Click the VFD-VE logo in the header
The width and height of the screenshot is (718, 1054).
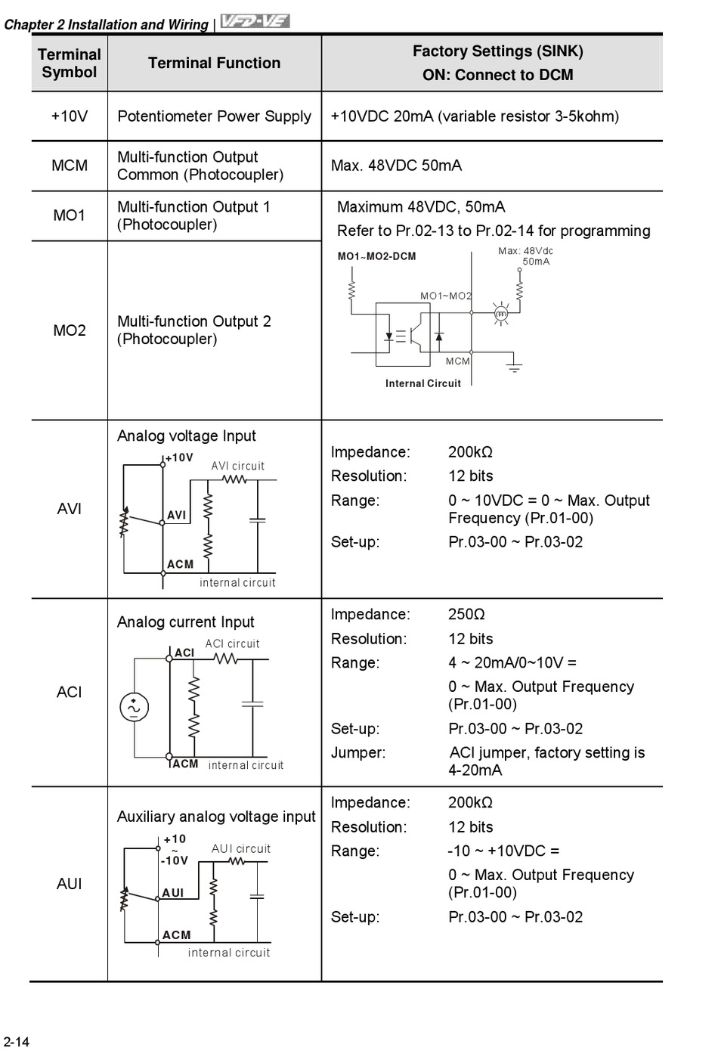(x=255, y=22)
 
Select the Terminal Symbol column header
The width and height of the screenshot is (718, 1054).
(x=69, y=64)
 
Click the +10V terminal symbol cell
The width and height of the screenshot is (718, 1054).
(x=69, y=116)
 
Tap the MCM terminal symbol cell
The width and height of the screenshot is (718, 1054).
(x=69, y=166)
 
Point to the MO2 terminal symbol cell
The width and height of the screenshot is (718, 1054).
(x=69, y=330)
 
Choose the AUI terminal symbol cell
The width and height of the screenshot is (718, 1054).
(x=69, y=884)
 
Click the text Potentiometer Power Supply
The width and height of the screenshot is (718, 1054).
(x=214, y=116)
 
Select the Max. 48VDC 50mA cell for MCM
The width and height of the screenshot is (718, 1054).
(x=396, y=166)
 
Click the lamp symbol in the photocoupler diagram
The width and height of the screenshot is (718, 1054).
(x=500, y=312)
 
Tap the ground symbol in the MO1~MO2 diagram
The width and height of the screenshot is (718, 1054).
(x=514, y=368)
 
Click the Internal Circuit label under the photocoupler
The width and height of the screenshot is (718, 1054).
(x=422, y=383)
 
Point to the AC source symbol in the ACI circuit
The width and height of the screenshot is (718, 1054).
(x=134, y=707)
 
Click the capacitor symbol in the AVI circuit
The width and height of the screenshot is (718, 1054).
(x=258, y=520)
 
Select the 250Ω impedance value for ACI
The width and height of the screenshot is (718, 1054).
(x=466, y=615)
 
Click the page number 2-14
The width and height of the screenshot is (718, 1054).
(x=17, y=1042)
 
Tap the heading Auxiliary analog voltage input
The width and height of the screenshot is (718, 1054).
(x=216, y=817)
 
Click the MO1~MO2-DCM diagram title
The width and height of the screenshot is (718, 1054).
(x=376, y=256)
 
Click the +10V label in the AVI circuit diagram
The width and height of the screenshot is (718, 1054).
(x=179, y=457)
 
